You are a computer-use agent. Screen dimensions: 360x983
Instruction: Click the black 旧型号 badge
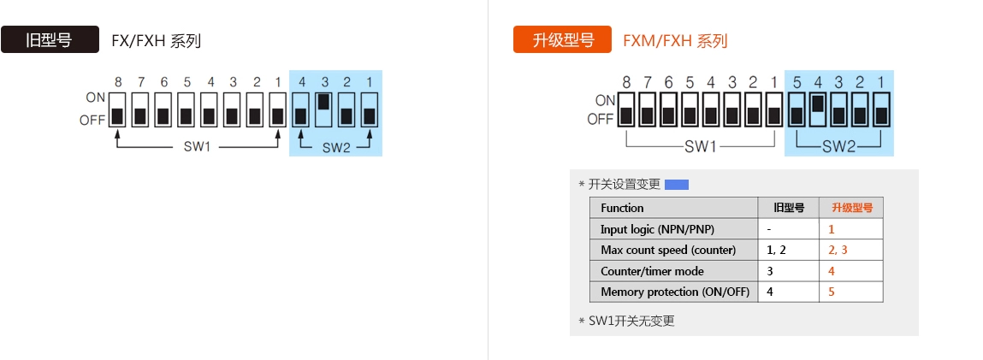click(50, 40)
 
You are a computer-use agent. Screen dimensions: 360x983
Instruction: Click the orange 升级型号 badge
click(562, 40)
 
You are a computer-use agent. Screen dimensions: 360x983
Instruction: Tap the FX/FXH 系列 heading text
click(156, 40)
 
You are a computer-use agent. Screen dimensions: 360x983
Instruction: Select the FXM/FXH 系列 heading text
click(675, 40)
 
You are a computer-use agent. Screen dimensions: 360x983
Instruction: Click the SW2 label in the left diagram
click(336, 147)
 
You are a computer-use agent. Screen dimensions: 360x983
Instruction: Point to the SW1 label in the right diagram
click(700, 146)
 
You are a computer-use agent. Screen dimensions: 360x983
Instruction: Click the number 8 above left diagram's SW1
click(118, 82)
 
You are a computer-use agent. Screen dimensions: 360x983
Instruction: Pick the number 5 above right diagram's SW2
click(796, 83)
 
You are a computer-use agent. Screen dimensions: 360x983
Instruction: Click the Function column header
click(622, 208)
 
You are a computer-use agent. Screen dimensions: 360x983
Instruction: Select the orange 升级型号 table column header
click(851, 208)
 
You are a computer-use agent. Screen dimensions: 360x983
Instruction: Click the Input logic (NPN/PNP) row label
click(657, 229)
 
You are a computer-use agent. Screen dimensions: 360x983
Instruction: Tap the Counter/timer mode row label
click(652, 271)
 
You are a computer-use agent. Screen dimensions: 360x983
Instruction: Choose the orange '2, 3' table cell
click(838, 250)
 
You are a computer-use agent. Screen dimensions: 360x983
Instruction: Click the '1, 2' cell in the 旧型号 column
click(776, 250)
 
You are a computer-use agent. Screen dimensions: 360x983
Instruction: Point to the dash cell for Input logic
click(770, 229)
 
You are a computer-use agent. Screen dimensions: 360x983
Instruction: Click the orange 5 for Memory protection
click(831, 292)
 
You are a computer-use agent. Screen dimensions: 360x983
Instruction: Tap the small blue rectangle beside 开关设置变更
click(677, 184)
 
